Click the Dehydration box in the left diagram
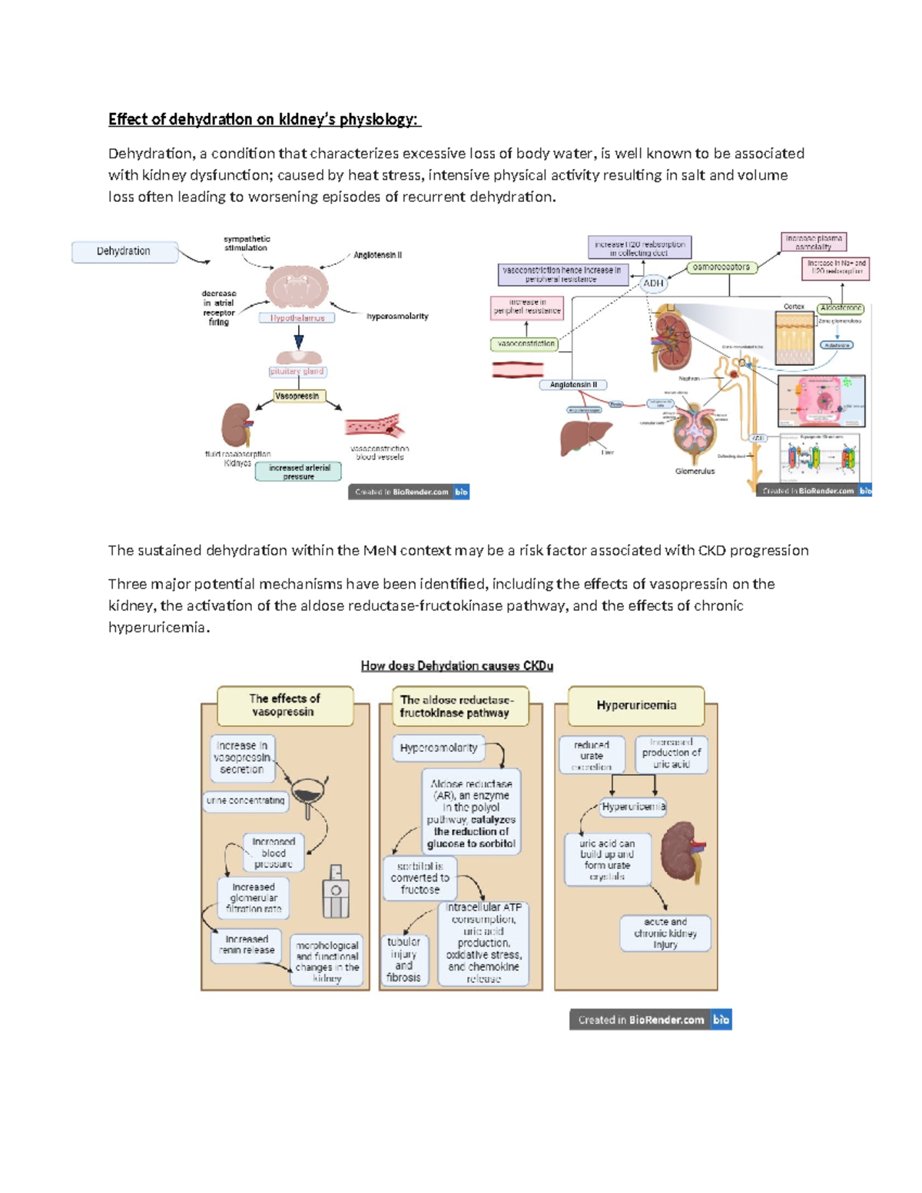pyautogui.click(x=124, y=251)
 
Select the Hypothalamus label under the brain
pyautogui.click(x=297, y=318)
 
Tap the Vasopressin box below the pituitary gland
pyautogui.click(x=298, y=396)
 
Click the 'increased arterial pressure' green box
pyautogui.click(x=298, y=472)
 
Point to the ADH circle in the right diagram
pyautogui.click(x=653, y=283)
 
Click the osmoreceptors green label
pyautogui.click(x=721, y=267)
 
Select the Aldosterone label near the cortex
pyautogui.click(x=841, y=308)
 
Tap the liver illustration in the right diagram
pyautogui.click(x=585, y=438)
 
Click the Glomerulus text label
pyautogui.click(x=695, y=471)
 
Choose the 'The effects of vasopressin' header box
pyautogui.click(x=285, y=705)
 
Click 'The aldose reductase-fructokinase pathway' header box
pyautogui.click(x=459, y=706)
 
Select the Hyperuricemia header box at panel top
pyautogui.click(x=636, y=705)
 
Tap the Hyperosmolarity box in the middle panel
pyautogui.click(x=439, y=747)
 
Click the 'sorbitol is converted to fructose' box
pyautogui.click(x=420, y=878)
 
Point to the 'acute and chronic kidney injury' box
pyautogui.click(x=665, y=933)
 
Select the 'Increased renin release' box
pyautogui.click(x=247, y=945)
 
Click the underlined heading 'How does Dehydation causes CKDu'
pyautogui.click(x=457, y=666)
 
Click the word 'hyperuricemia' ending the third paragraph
pyautogui.click(x=158, y=628)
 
